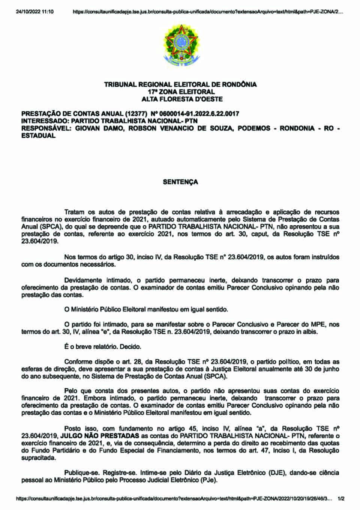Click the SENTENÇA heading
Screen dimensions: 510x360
(180, 182)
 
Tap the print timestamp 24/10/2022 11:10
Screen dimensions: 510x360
(35, 12)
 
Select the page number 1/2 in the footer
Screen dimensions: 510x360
(341, 499)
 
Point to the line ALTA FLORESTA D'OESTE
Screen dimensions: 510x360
(182, 99)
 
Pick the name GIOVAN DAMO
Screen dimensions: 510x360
(94, 128)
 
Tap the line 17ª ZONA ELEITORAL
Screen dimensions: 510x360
(181, 92)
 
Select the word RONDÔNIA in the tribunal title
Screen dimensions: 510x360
(239, 84)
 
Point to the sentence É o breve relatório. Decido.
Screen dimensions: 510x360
(103, 347)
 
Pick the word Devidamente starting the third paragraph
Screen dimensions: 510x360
(83, 280)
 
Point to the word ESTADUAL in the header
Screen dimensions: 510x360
(38, 135)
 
